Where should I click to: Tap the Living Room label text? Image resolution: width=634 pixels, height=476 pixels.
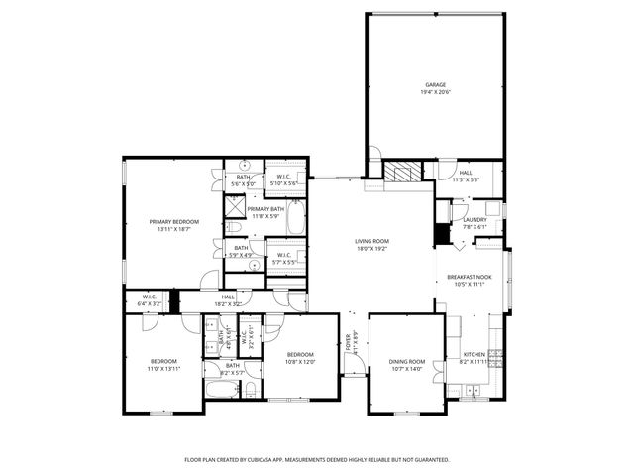(x=371, y=241)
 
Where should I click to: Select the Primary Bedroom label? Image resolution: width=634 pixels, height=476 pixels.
(x=174, y=221)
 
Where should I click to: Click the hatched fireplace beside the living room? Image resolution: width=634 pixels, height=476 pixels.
(x=402, y=170)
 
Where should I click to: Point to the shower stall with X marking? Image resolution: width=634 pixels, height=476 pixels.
(x=235, y=208)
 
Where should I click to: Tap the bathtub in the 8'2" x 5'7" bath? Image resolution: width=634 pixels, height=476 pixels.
(x=222, y=389)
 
